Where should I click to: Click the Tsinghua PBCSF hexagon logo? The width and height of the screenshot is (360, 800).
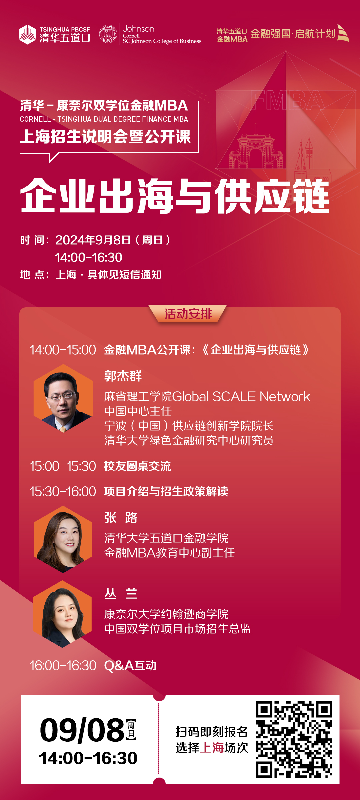27,34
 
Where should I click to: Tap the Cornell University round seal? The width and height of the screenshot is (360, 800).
108,34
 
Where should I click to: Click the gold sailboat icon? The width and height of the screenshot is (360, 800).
343,33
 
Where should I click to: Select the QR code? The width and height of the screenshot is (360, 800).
294,739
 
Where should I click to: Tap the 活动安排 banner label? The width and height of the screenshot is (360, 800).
188,314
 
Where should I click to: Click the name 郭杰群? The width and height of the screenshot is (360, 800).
123,376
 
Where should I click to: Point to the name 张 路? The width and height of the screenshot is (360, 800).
121,518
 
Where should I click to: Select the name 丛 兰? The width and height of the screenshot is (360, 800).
121,593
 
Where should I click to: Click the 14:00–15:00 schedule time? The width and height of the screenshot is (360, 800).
63,350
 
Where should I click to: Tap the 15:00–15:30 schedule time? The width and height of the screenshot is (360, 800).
63,466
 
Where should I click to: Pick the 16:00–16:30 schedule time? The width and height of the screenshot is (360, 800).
63,666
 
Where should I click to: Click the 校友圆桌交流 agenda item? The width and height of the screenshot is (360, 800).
137,466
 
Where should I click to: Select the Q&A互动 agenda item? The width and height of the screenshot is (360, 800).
130,666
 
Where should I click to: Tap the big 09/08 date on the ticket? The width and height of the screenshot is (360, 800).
82,730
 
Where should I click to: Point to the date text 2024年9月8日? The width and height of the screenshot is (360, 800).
93,240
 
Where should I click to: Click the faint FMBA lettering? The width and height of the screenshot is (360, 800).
288,100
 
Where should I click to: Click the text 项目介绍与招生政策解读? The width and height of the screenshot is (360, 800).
166,492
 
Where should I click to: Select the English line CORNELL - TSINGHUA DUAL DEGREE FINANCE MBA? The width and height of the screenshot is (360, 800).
104,119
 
